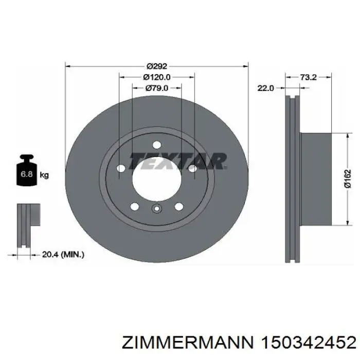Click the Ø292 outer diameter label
[157, 66]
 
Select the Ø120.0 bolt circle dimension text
[157, 77]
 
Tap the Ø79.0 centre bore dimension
[157, 88]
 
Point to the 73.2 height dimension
[309, 77]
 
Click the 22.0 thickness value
[266, 88]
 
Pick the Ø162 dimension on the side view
[348, 179]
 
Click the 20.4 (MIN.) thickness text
[63, 255]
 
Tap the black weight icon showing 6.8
[27, 170]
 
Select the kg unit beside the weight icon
[44, 175]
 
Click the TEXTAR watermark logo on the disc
[178, 160]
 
